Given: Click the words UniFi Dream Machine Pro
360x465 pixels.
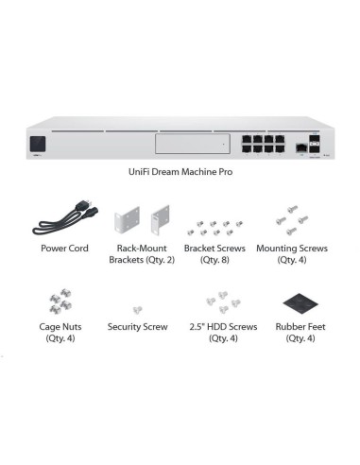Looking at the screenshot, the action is tap(180, 175).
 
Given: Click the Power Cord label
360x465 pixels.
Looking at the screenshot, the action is tap(65, 249).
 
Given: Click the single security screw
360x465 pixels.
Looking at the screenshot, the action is tap(138, 309).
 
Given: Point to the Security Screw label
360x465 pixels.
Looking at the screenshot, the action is tap(138, 327).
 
